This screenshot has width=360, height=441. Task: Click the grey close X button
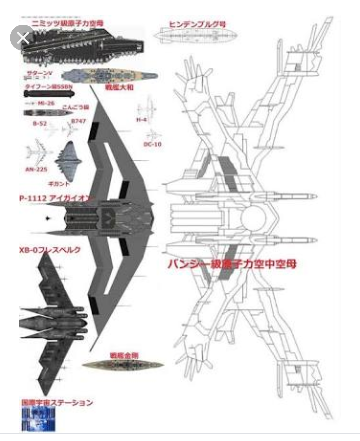click(23, 38)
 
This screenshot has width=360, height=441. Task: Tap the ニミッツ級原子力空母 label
click(68, 23)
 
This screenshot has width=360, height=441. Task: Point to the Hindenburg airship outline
click(195, 35)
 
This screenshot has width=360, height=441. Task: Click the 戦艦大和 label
click(119, 87)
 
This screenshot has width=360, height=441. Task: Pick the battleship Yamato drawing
click(110, 76)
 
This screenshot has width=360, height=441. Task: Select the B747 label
click(79, 121)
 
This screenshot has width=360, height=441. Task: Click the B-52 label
click(40, 123)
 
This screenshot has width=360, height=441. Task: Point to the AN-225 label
click(36, 169)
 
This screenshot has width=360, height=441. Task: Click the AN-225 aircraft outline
click(38, 153)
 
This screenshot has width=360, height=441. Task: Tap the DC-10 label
click(152, 144)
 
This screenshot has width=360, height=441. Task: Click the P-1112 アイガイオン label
click(55, 198)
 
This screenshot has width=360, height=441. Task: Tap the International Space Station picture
click(38, 419)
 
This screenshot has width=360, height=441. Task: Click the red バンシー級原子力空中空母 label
click(232, 264)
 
